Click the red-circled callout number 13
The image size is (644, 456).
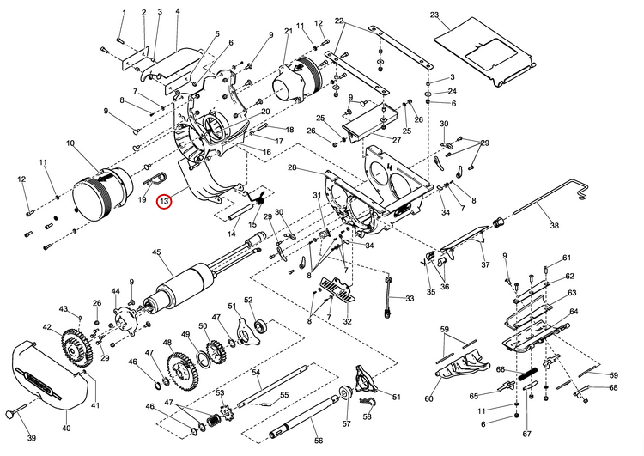coord(164,201)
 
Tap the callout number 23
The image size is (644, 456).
coord(434,15)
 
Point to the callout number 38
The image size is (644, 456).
coord(554,225)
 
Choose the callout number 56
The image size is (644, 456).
coord(319,440)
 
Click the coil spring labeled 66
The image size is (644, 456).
coord(526,374)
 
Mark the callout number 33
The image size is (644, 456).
coord(410,298)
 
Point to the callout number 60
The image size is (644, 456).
coord(428,398)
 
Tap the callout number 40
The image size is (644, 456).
coord(66,427)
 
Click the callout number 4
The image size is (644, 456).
coord(177,11)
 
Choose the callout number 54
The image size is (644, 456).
coord(255,372)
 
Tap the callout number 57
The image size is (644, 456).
coord(346,423)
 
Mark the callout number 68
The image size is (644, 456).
coord(613,387)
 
